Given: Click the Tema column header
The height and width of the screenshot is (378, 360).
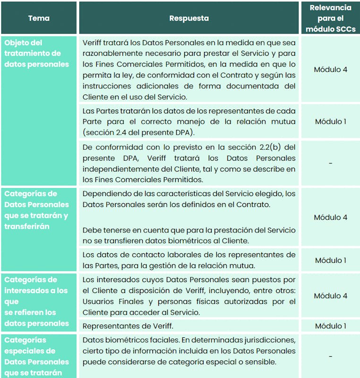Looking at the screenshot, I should pyautogui.click(x=39, y=18).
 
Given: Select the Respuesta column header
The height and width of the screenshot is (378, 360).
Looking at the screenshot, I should pyautogui.click(x=189, y=18).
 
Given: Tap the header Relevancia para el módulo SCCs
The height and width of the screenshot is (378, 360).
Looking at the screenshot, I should pyautogui.click(x=330, y=18).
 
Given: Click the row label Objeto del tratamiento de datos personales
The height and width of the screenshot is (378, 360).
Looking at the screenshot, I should pyautogui.click(x=37, y=53).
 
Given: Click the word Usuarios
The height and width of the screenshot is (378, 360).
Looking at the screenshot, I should pyautogui.click(x=97, y=301).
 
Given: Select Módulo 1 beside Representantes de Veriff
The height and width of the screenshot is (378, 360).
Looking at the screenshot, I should pyautogui.click(x=330, y=326).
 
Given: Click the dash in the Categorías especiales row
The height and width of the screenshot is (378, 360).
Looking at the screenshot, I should pyautogui.click(x=330, y=356).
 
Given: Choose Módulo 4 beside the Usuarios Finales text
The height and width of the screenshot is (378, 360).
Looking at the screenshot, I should pyautogui.click(x=330, y=296).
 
